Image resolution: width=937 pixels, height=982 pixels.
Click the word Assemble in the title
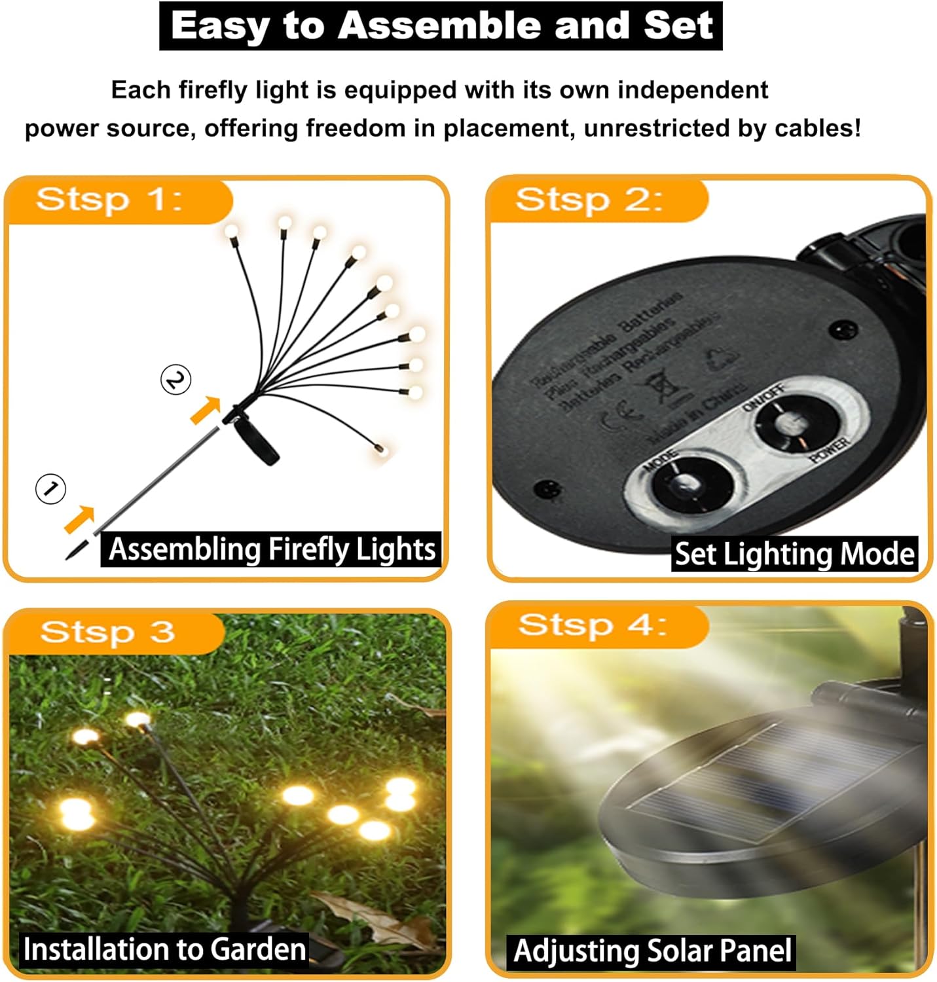pyautogui.click(x=441, y=26)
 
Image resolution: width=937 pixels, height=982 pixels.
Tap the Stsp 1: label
pyautogui.click(x=109, y=199)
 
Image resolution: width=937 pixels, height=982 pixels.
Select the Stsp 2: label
pyautogui.click(x=589, y=199)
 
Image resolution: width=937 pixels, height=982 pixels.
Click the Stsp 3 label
pyautogui.click(x=107, y=632)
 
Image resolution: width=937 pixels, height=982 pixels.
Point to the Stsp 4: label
pyautogui.click(x=592, y=625)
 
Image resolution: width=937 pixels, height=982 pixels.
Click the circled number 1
pyautogui.click(x=50, y=488)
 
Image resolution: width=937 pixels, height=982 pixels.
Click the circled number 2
pyautogui.click(x=175, y=380)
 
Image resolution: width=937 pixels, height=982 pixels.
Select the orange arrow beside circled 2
pyautogui.click(x=206, y=410)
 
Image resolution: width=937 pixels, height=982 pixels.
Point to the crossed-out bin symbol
pyautogui.click(x=664, y=386)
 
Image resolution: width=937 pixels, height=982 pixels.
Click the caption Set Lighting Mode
pyautogui.click(x=794, y=554)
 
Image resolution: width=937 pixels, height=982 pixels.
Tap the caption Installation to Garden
pyautogui.click(x=165, y=949)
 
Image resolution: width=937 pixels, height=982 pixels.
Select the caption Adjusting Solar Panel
pyautogui.click(x=652, y=951)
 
